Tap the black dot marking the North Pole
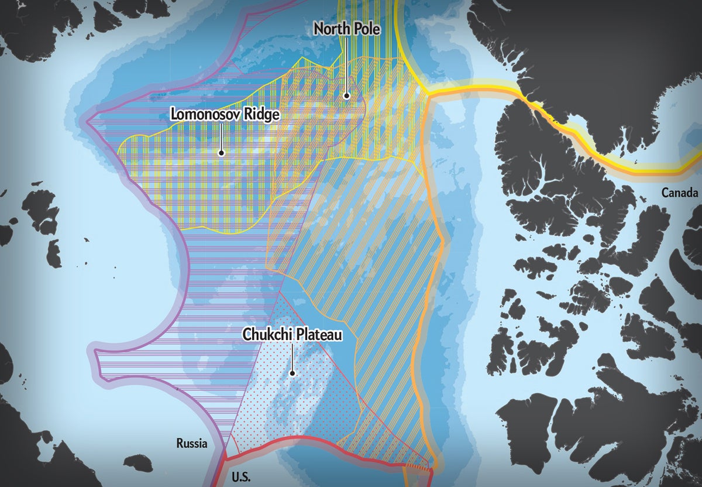click(346, 95)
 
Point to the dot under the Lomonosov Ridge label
click(222, 153)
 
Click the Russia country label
click(192, 444)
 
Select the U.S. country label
click(240, 477)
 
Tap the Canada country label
click(680, 193)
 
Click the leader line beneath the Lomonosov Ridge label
click(222, 136)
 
